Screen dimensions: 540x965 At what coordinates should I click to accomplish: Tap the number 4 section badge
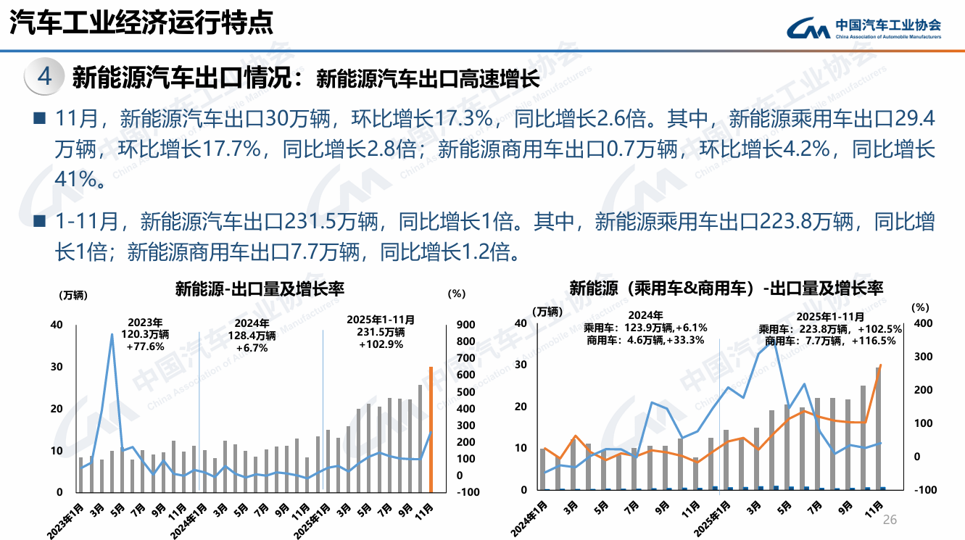(x=44, y=76)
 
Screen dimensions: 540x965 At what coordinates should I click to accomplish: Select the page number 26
(x=890, y=520)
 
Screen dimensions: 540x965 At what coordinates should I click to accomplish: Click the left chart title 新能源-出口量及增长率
(x=260, y=289)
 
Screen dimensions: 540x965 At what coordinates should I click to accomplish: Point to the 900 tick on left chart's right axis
(x=465, y=325)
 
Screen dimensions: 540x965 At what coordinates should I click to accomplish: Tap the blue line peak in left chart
(x=112, y=334)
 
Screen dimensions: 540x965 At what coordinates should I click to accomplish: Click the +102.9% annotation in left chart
(x=381, y=344)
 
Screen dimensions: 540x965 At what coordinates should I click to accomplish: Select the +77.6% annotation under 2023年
(x=145, y=346)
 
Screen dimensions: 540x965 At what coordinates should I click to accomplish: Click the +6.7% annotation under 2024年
(x=252, y=347)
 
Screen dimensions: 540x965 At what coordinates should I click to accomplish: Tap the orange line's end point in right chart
(x=880, y=365)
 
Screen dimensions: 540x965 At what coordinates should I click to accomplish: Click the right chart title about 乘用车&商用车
(x=726, y=288)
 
